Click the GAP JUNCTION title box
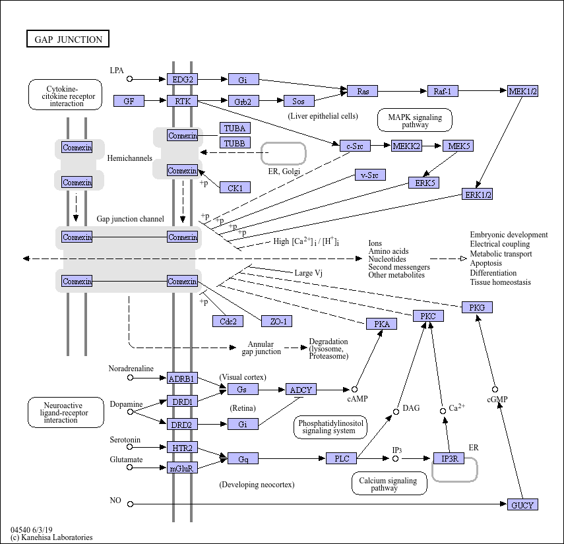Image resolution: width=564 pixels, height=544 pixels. [x=68, y=39]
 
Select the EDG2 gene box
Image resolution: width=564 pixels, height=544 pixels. [x=182, y=79]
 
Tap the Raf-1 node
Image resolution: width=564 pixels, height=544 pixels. [x=443, y=91]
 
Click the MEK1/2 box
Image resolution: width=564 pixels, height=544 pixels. [x=522, y=91]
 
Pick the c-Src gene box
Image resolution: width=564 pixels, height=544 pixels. [x=355, y=146]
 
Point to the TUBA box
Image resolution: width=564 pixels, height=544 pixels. [x=235, y=128]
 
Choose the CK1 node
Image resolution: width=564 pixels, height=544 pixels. [x=235, y=187]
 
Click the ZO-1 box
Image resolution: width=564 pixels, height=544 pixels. [x=276, y=321]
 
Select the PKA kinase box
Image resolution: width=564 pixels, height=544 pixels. [x=381, y=324]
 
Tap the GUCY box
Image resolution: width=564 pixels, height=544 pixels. [x=522, y=504]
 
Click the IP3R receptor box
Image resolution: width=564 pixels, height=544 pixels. [x=449, y=458]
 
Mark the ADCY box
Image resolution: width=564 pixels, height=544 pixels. [x=301, y=390]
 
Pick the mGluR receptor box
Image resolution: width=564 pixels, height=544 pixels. [x=182, y=468]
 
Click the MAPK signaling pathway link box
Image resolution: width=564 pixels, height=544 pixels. [x=415, y=120]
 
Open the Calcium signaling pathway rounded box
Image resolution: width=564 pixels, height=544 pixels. [x=389, y=483]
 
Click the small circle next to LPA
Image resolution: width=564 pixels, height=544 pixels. [x=130, y=78]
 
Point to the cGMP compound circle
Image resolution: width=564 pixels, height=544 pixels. [x=495, y=390]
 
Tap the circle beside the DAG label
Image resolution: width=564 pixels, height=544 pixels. [x=396, y=411]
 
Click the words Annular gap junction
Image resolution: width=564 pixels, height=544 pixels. [x=261, y=348]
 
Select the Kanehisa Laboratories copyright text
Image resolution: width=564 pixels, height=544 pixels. [x=51, y=537]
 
